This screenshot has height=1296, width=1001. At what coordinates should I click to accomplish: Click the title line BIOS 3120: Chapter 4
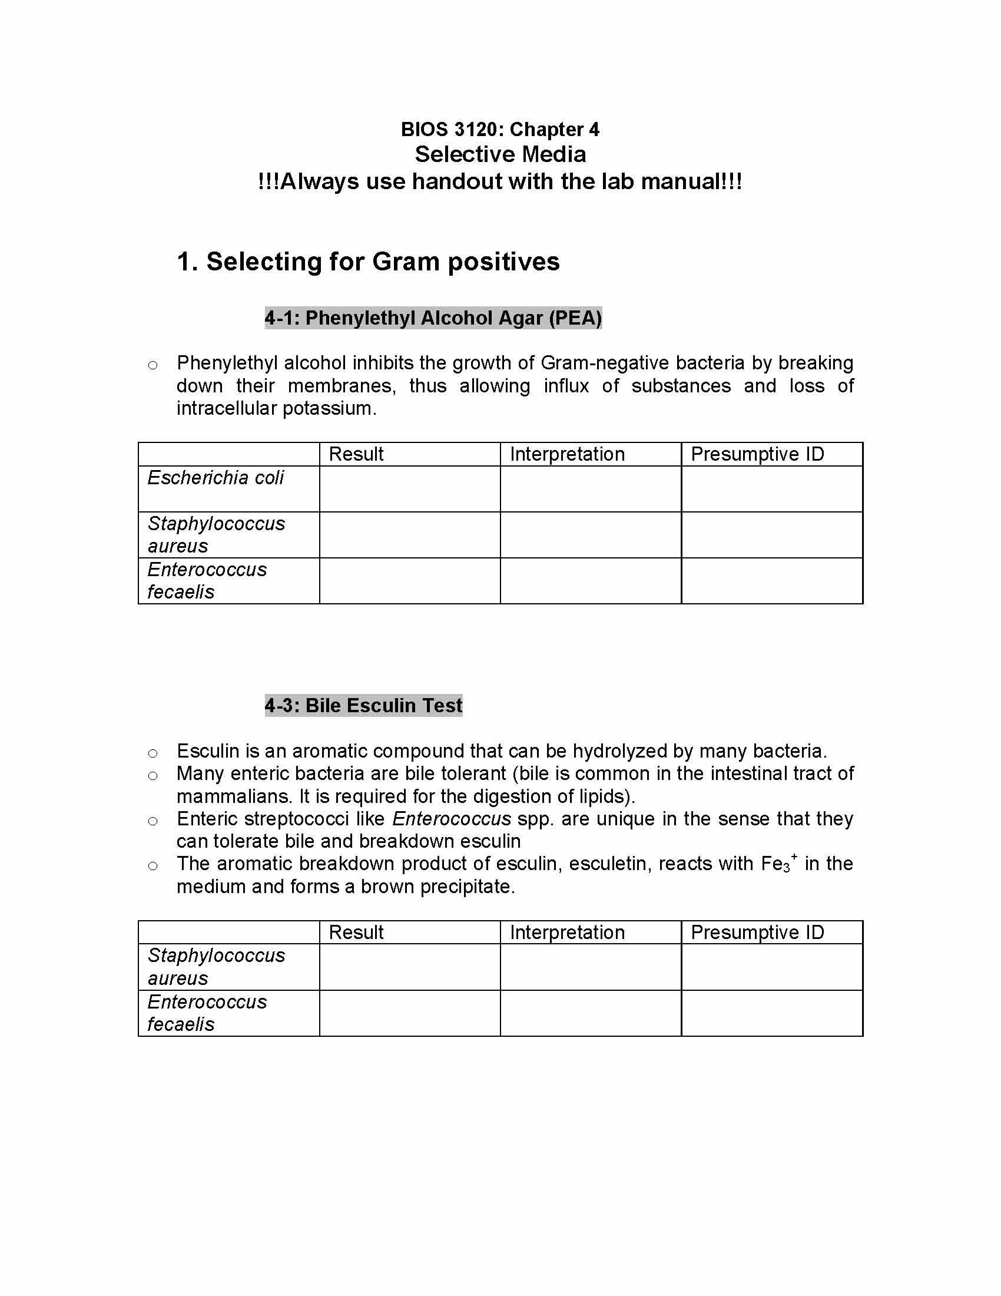tap(500, 130)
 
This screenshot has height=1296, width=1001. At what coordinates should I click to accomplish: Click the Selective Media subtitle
tap(500, 154)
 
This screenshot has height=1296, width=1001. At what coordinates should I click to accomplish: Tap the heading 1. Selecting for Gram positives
tap(367, 262)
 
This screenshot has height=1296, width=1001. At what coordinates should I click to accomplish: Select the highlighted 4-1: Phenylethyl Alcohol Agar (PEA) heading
tap(433, 318)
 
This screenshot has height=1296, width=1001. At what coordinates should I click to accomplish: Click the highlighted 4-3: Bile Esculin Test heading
tap(363, 706)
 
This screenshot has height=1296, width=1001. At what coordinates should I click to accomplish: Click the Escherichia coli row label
tap(216, 478)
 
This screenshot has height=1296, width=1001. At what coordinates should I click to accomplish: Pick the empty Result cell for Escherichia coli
tap(409, 489)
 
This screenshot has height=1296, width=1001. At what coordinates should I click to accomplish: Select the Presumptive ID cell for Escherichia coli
tap(771, 489)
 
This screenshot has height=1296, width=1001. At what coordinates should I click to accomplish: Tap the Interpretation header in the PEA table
tap(567, 454)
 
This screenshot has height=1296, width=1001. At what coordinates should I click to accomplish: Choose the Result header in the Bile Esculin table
tap(356, 933)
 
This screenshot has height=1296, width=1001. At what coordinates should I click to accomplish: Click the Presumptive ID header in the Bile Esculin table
tap(757, 933)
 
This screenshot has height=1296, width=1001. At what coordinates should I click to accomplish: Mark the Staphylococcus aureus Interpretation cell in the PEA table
tap(591, 535)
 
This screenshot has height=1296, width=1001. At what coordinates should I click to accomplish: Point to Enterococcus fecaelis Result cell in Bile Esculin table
tap(409, 1013)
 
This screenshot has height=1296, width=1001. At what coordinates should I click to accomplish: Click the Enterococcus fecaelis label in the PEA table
tap(207, 580)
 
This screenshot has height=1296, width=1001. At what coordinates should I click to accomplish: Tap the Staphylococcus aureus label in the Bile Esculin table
tap(216, 967)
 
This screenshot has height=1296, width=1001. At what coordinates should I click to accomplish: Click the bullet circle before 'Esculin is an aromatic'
tap(153, 753)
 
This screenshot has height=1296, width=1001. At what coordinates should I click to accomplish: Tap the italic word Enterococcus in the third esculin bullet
tap(451, 819)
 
